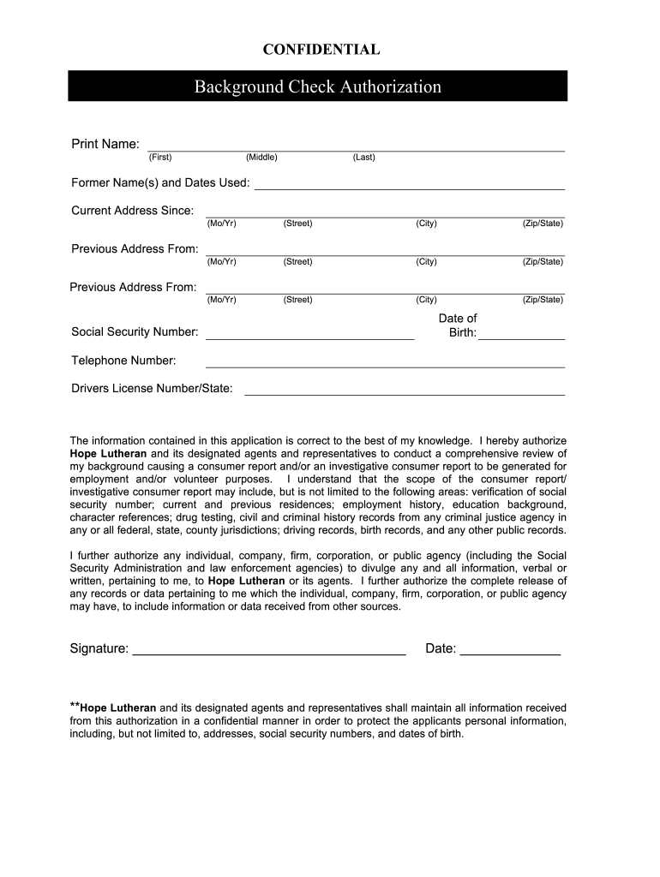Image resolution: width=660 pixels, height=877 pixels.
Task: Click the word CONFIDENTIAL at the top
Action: click(321, 50)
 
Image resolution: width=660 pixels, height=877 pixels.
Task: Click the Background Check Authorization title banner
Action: click(317, 87)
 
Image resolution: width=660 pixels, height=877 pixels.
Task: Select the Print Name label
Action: click(105, 144)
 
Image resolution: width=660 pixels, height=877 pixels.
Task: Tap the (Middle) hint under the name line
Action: click(261, 158)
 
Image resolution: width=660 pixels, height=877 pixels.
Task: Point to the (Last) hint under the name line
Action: click(363, 158)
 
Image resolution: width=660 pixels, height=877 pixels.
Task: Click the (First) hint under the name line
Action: click(160, 158)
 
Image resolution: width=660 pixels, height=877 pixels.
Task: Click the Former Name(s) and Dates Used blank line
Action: click(410, 187)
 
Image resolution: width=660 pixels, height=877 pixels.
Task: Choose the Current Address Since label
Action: click(132, 211)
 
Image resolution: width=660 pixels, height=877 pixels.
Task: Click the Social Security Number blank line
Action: click(309, 338)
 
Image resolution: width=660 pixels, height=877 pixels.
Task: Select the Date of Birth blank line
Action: click(521, 338)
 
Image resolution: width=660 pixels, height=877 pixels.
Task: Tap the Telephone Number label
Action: click(123, 361)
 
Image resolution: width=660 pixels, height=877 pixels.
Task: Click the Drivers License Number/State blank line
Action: click(405, 394)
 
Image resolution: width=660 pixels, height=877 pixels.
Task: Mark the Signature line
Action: click(269, 653)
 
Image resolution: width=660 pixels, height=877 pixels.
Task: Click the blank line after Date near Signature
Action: click(510, 653)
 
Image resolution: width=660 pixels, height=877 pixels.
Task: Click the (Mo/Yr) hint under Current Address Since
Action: click(222, 224)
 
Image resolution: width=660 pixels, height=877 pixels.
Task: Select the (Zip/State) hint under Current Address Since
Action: click(543, 224)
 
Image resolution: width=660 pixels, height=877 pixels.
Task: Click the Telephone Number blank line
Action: click(385, 366)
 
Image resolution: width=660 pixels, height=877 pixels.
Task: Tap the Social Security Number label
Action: click(135, 332)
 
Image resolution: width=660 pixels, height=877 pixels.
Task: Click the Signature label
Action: click(99, 649)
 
